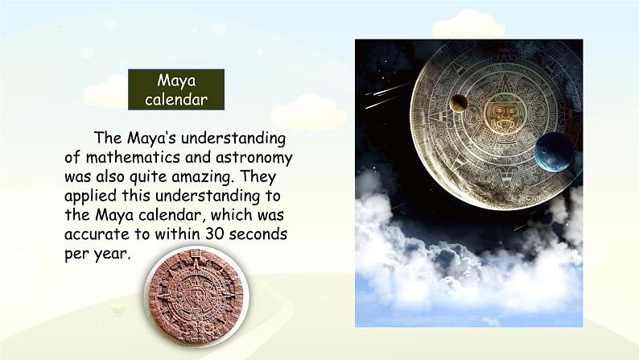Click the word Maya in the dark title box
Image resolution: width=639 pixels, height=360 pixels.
pos(176,81)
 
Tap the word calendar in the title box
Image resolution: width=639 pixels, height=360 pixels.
pos(176,99)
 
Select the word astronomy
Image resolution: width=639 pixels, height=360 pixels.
pos(254,158)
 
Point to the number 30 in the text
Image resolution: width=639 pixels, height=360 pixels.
pos(214,234)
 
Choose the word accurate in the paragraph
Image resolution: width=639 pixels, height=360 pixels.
pos(97,234)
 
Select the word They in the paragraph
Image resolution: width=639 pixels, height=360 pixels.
pos(258,176)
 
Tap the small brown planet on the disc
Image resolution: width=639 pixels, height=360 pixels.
pos(459,103)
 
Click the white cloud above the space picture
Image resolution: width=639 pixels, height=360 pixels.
pos(468,24)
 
